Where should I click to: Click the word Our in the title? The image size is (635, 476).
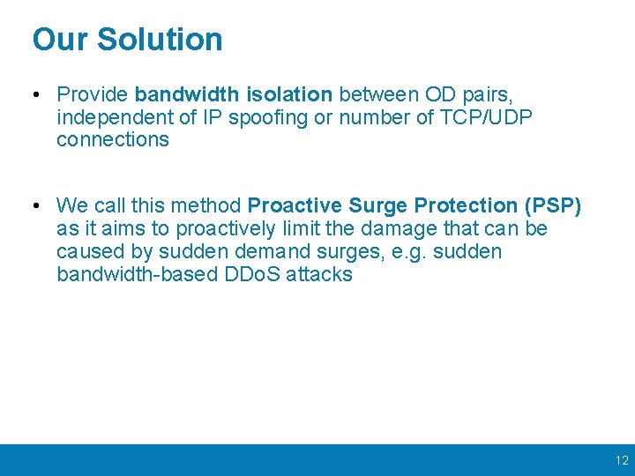[x=61, y=40]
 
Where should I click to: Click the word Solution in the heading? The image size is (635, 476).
[x=160, y=40]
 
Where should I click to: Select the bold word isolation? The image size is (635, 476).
[x=290, y=94]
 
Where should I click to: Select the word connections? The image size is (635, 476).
[x=112, y=140]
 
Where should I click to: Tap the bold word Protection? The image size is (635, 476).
[x=467, y=206]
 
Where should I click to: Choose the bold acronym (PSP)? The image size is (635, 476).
[x=553, y=206]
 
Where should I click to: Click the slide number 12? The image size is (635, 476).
[x=622, y=460]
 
